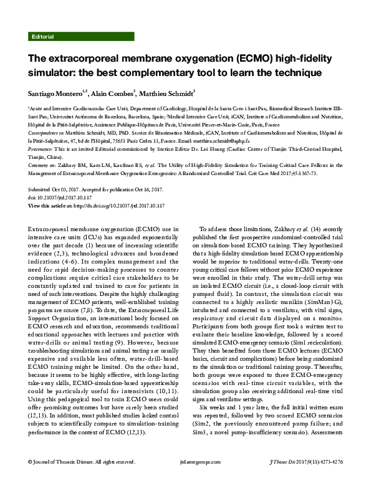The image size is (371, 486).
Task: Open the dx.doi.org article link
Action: (118, 205)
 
